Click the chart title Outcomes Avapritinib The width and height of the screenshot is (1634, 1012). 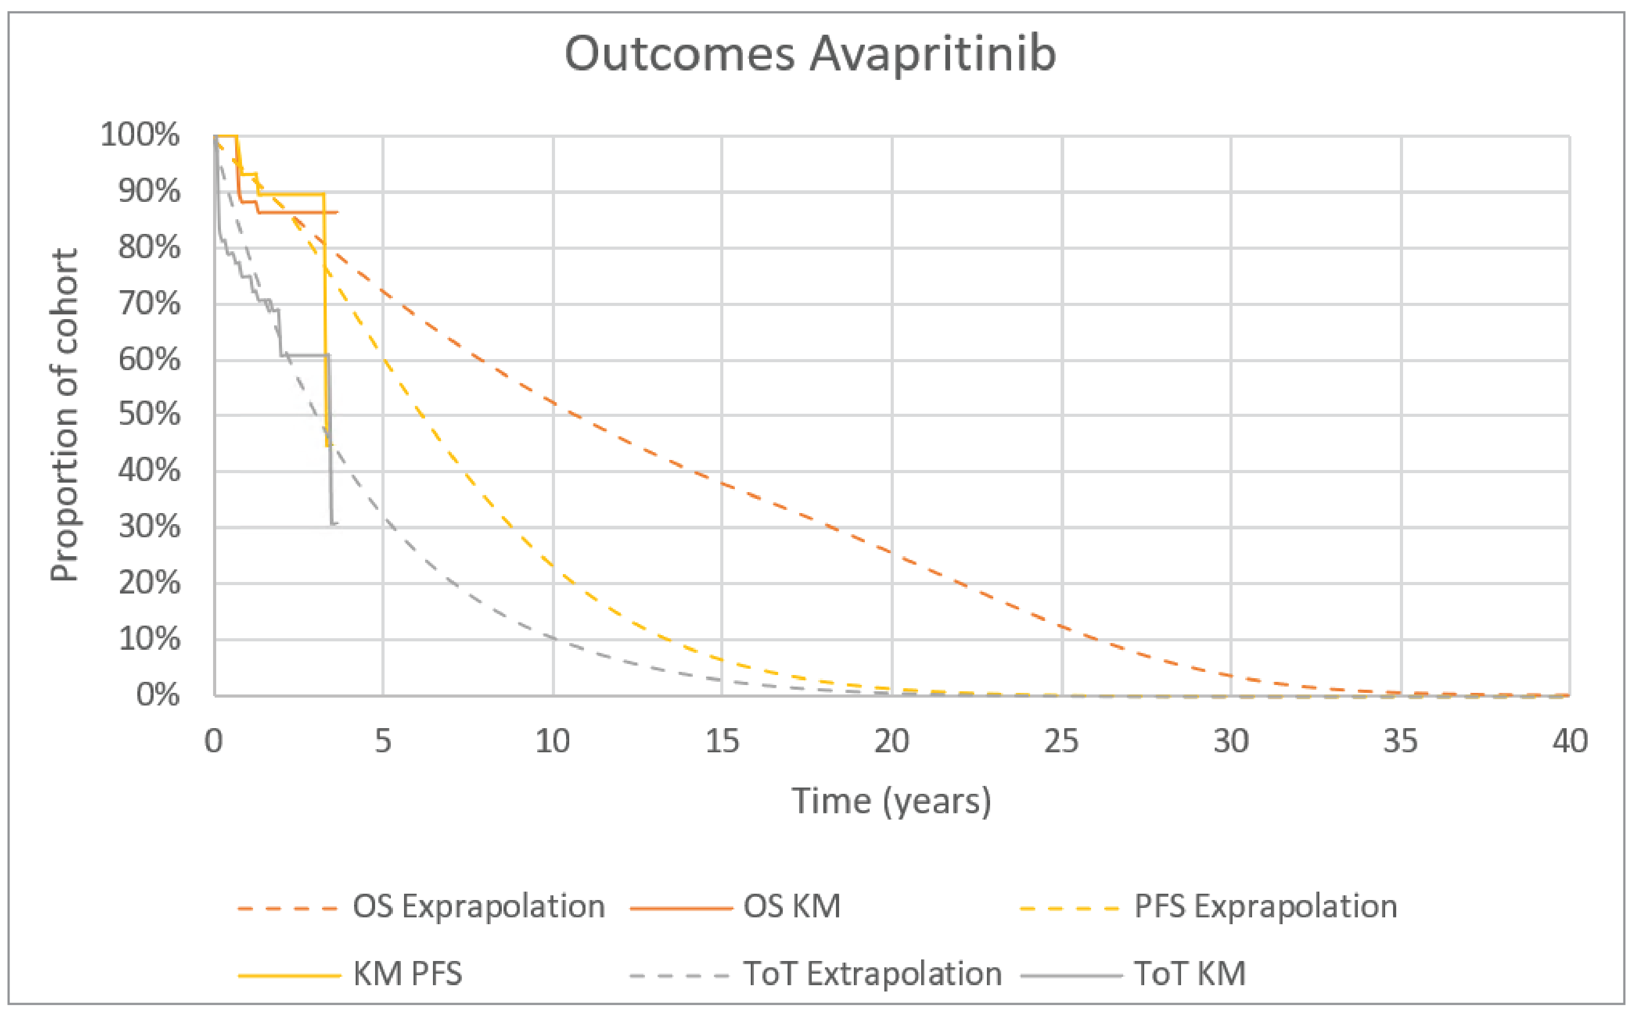(810, 54)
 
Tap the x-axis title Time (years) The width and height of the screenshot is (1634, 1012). (891, 801)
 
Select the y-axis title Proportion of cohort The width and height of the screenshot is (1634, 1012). (65, 415)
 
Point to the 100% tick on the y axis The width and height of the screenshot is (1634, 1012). (140, 135)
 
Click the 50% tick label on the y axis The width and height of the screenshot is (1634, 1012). (149, 415)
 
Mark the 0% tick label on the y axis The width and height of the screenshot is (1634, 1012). (158, 695)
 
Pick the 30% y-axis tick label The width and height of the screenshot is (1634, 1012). (149, 527)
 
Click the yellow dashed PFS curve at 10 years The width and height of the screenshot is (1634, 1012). (553, 566)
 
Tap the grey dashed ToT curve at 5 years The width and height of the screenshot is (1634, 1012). (384, 519)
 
